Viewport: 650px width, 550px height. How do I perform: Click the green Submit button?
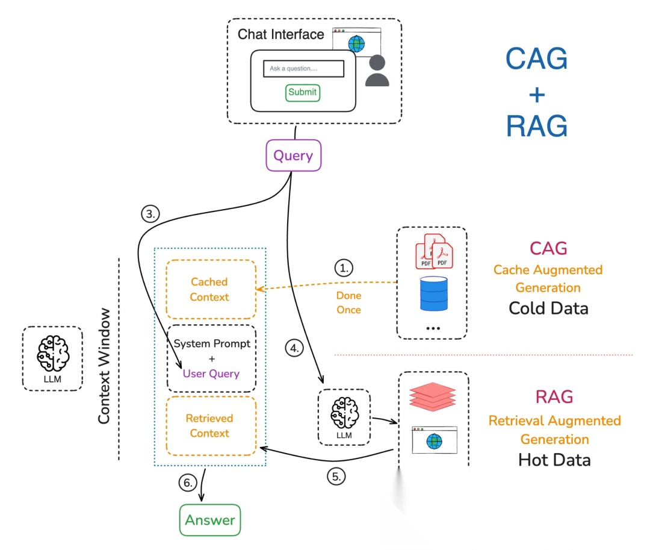pos(302,92)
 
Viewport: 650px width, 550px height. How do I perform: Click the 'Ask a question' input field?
pos(303,69)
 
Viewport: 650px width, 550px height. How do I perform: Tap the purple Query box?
pos(293,155)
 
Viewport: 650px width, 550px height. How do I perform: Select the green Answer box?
pos(209,520)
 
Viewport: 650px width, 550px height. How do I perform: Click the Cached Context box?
pos(210,289)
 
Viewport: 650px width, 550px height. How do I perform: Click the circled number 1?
pos(343,267)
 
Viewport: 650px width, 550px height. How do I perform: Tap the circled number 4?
pos(294,348)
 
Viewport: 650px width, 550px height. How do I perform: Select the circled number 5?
pos(336,476)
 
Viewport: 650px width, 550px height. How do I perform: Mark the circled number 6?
pos(188,483)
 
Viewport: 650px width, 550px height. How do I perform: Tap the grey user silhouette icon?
pos(377,70)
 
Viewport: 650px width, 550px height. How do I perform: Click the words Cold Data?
pos(548,308)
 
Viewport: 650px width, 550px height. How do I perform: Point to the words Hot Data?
pos(554,460)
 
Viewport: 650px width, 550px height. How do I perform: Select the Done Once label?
pos(348,303)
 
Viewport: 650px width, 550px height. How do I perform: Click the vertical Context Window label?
pos(105,366)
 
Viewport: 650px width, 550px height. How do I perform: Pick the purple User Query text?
pos(211,373)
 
